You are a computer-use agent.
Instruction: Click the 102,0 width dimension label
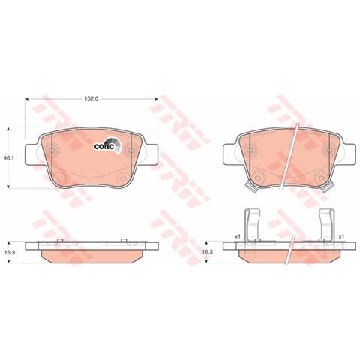pos(91,99)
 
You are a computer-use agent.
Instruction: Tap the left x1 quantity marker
pos(237,236)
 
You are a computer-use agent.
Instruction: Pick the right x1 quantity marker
pos(341,236)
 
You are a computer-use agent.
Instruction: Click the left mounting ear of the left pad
pos(31,154)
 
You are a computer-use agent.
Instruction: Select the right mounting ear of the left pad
pos(151,154)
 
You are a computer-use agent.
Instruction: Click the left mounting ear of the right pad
pos(229,154)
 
